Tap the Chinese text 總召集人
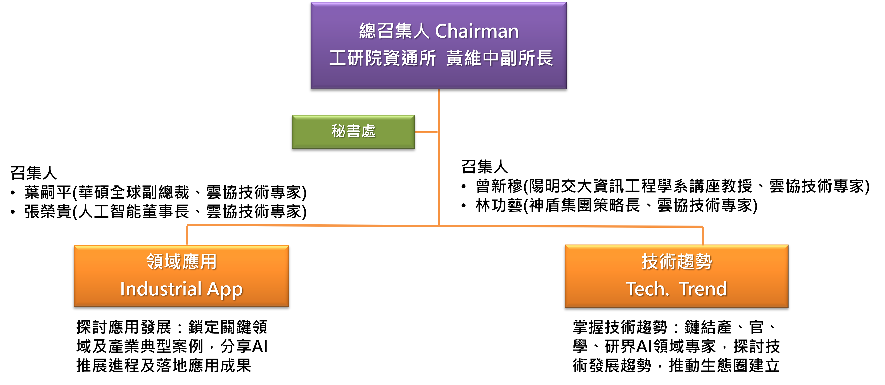(x=394, y=31)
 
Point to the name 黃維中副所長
(x=500, y=58)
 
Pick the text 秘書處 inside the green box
(x=353, y=131)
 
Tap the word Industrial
(x=161, y=289)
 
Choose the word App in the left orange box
(x=225, y=290)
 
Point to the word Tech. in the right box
(x=648, y=289)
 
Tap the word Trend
(x=703, y=289)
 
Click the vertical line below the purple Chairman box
(x=439, y=172)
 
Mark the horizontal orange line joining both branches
(x=309, y=225)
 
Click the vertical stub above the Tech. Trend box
(x=703, y=236)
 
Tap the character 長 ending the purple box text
(x=544, y=58)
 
